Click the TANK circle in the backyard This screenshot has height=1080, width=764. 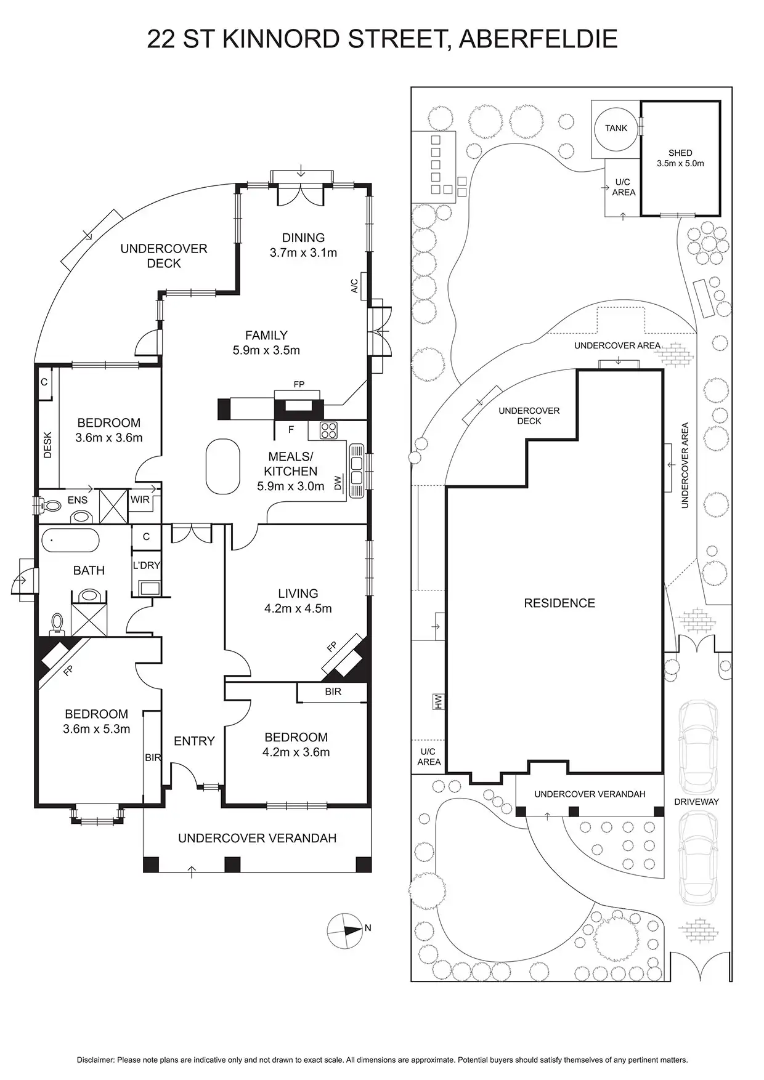(x=616, y=129)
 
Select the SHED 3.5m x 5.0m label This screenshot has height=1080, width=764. (x=680, y=158)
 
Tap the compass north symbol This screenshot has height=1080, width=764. (x=345, y=930)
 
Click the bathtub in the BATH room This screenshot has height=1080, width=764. (x=70, y=541)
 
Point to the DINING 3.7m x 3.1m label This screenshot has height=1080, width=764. (x=303, y=245)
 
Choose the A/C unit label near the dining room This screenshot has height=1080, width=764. (x=354, y=286)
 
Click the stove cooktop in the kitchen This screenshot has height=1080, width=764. (x=328, y=430)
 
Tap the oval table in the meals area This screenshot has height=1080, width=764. (x=222, y=466)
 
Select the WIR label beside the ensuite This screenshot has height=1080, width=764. (x=140, y=499)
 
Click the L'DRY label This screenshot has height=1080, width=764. (x=147, y=565)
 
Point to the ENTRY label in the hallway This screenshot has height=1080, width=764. (x=194, y=741)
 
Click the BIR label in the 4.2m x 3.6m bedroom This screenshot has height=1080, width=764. (x=333, y=691)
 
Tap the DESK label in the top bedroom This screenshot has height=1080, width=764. (x=47, y=445)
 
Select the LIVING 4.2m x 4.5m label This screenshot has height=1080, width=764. (x=298, y=601)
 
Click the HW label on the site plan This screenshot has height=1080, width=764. (x=439, y=703)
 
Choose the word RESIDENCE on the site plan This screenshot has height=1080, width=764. (x=559, y=603)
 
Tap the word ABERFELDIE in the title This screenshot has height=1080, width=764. (x=538, y=39)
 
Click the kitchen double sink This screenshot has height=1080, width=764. (x=357, y=470)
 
